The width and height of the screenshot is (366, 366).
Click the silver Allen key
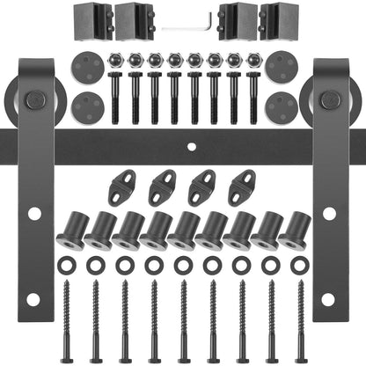point(188,26)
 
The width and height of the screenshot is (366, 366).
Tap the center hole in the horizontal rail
point(183,143)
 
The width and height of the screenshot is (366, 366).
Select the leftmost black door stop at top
point(99,19)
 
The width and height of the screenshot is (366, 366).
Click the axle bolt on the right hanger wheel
point(330,101)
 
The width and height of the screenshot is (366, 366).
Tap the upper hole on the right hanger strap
point(330,213)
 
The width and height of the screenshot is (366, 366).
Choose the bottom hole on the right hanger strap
point(330,298)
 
